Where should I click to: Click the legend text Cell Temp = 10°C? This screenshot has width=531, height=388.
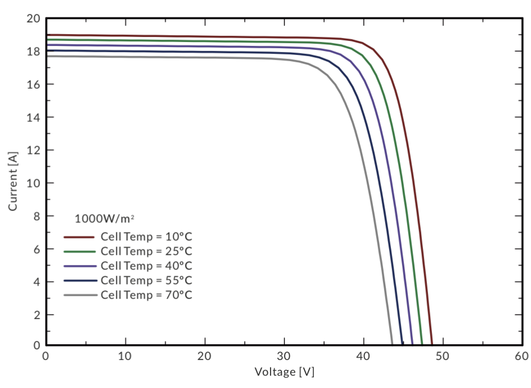coord(146,236)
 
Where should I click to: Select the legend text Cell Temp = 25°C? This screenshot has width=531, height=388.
coord(146,250)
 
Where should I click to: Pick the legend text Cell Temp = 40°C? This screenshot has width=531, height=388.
coord(146,265)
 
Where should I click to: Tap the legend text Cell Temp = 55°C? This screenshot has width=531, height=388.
coord(146,280)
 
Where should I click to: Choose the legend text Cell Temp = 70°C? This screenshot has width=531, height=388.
coord(146,294)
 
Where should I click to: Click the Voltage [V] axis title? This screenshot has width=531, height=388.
coord(284,372)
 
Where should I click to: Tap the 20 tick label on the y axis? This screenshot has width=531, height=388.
coord(33,19)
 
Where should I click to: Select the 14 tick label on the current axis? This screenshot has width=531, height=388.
coord(33,117)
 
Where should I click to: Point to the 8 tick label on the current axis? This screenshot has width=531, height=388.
coord(36,216)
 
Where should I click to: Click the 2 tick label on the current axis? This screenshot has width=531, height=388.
coord(36,315)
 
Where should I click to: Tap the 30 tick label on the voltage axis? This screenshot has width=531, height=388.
coord(284,357)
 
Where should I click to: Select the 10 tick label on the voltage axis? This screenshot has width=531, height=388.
coord(125,357)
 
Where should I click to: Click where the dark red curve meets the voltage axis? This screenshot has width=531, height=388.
coord(432,344)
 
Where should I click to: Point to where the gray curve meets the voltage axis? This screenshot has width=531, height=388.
coord(392,344)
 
